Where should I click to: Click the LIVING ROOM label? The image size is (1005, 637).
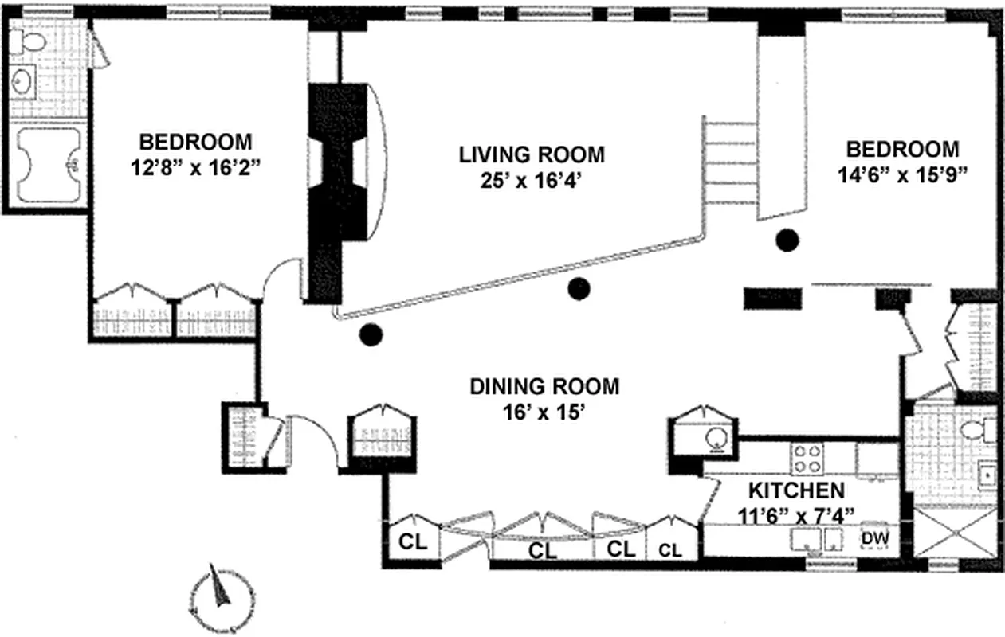point(532,154)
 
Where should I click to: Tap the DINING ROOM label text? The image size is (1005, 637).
point(544,387)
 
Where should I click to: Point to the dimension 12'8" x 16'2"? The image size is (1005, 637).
point(195,169)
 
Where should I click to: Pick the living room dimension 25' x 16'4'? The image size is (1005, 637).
point(532,181)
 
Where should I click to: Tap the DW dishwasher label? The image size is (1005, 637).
point(874,538)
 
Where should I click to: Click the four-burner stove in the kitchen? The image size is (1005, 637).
point(807,459)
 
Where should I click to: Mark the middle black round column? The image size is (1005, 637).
point(579,289)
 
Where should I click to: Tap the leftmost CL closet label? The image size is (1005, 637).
point(412,542)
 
